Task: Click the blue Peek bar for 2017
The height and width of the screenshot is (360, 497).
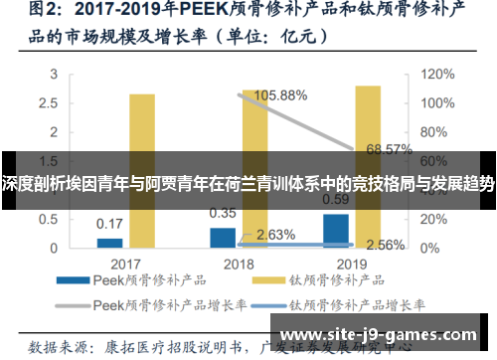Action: (x=110, y=243)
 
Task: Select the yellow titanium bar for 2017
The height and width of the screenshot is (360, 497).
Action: (x=142, y=170)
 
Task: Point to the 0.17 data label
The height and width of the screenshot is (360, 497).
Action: (x=110, y=223)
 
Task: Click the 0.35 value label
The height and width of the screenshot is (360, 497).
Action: (x=223, y=213)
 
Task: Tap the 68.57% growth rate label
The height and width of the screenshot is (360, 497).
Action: (x=389, y=149)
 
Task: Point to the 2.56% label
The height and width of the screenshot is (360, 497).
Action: (x=385, y=244)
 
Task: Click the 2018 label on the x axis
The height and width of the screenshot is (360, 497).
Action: (x=239, y=265)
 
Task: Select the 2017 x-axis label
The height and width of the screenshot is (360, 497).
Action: (x=125, y=265)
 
